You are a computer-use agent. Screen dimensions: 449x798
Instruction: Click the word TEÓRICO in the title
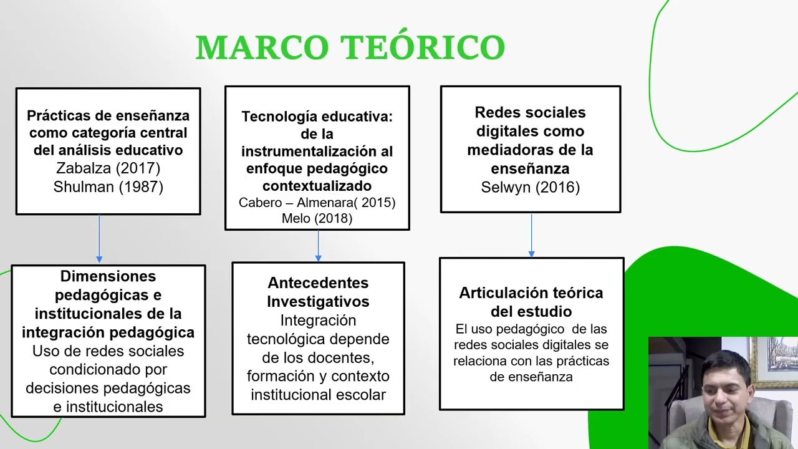423,48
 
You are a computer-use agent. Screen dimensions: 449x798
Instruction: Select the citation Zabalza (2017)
108,168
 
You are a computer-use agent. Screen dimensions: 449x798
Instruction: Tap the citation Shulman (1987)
108,187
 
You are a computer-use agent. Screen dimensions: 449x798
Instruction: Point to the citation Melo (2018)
317,218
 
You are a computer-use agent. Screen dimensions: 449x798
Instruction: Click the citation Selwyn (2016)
530,188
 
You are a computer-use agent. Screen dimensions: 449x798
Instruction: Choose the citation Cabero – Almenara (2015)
317,203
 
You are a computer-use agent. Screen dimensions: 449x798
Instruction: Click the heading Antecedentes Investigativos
318,292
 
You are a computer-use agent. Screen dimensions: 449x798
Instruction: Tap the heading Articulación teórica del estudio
531,302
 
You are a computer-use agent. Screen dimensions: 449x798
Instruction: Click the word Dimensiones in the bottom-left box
108,276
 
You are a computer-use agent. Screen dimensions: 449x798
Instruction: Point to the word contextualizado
317,186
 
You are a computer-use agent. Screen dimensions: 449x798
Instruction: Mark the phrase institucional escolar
318,395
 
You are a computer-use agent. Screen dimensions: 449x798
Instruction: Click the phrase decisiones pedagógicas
108,389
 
